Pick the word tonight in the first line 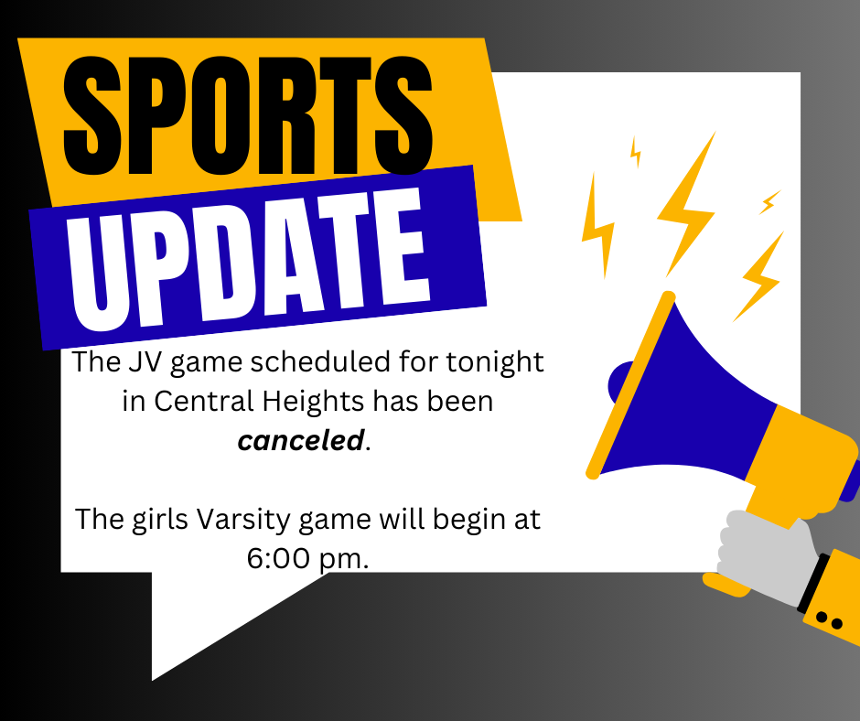495,362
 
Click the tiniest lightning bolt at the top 635,152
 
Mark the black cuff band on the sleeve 812,583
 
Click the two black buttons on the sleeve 829,621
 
